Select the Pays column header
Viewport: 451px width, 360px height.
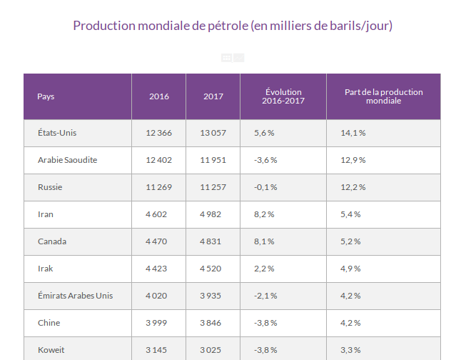click(46, 96)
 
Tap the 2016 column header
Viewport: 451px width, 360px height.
click(159, 96)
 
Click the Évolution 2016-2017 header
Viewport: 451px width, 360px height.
click(283, 96)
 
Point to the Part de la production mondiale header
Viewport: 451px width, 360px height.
click(383, 96)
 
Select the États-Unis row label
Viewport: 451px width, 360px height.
click(56, 133)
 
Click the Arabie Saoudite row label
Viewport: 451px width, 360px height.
click(67, 160)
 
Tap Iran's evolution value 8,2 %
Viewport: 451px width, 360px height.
click(264, 214)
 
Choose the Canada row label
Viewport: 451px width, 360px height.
click(52, 241)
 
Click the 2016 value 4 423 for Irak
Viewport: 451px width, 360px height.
click(156, 269)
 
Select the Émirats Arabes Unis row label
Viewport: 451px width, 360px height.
click(75, 296)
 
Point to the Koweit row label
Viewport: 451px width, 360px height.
click(51, 350)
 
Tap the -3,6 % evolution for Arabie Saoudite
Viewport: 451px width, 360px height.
click(265, 160)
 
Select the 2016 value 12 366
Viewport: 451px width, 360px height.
click(158, 133)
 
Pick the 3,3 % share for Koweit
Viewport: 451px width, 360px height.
click(350, 350)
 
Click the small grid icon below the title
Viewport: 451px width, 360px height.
click(226, 58)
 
